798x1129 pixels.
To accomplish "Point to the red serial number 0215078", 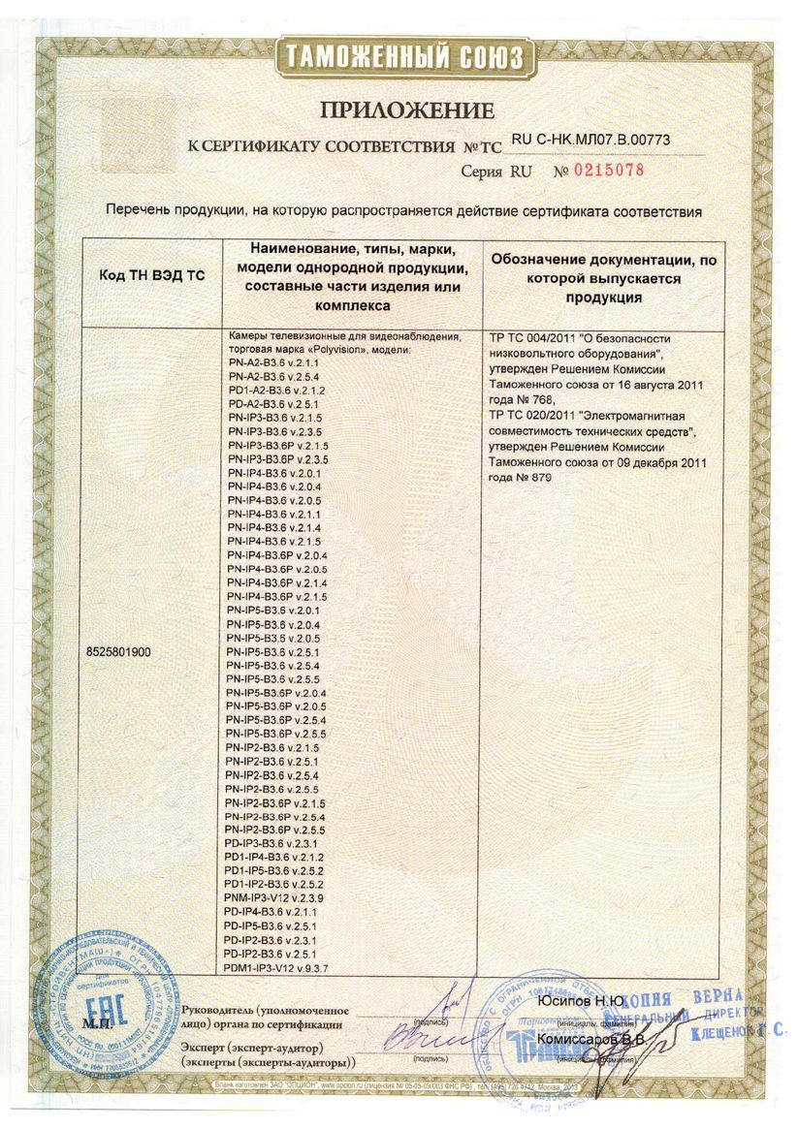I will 606,171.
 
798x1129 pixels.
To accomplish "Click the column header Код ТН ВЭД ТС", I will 152,275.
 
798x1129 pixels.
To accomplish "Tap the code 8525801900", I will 119,652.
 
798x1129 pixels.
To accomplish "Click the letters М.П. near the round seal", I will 98,1021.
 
